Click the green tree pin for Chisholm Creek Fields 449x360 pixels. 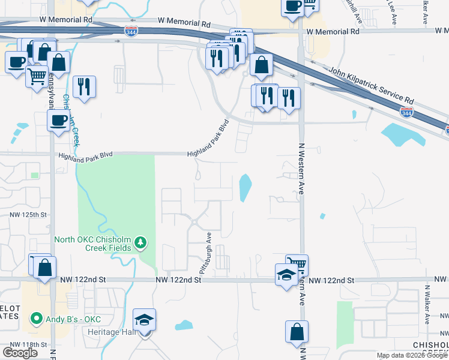[140, 242]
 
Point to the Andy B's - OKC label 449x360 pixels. [74, 317]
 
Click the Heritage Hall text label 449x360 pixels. [111, 332]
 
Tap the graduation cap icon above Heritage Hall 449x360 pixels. [144, 320]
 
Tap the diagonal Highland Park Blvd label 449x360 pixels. [209, 139]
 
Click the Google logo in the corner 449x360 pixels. [20, 353]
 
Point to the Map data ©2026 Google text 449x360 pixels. [412, 355]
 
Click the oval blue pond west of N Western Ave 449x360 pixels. [246, 188]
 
